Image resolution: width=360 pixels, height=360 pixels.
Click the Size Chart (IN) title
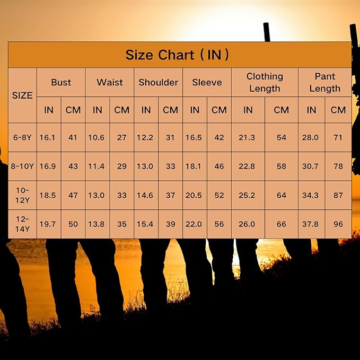pyautogui.click(x=177, y=55)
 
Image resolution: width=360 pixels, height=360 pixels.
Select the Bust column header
pyautogui.click(x=61, y=82)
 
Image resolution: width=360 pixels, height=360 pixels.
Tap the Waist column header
pyautogui.click(x=110, y=82)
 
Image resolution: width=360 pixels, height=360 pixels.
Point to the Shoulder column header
pyautogui.click(x=159, y=82)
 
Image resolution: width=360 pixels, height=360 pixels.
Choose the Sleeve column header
pyautogui.click(x=207, y=82)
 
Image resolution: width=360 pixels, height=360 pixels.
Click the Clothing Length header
pyautogui.click(x=265, y=82)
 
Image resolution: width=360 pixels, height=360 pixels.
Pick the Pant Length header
pyautogui.click(x=325, y=82)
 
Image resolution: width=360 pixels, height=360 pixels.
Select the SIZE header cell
pyautogui.click(x=22, y=95)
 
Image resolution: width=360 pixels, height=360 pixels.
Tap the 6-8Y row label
pyautogui.click(x=22, y=137)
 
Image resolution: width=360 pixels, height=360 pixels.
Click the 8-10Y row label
pyautogui.click(x=22, y=166)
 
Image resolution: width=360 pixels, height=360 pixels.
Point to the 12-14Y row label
pyautogui.click(x=22, y=224)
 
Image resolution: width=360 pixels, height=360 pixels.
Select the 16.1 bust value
pyautogui.click(x=47, y=137)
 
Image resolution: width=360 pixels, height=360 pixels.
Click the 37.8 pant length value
pyautogui.click(x=310, y=224)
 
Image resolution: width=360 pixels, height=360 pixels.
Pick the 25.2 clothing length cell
pyautogui.click(x=247, y=195)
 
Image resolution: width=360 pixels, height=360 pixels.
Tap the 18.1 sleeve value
pyautogui.click(x=193, y=166)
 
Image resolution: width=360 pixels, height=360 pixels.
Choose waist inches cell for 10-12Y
pyautogui.click(x=96, y=195)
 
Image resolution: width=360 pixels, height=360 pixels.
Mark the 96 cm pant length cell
pyautogui.click(x=338, y=224)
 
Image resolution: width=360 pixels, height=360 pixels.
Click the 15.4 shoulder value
pyautogui.click(x=145, y=224)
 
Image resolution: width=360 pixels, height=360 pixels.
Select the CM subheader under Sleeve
pyautogui.click(x=219, y=110)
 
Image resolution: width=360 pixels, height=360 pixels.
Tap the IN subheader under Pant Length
pyautogui.click(x=312, y=110)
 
